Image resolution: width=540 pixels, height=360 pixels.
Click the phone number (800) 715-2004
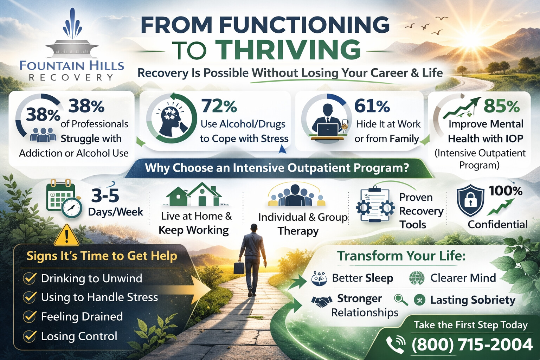click(472, 345)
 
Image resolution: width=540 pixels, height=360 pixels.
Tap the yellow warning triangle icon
click(66, 236)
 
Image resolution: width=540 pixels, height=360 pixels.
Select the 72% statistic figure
click(219, 106)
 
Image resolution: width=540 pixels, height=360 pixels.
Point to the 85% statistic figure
click(501, 106)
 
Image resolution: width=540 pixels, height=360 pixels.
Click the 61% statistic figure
click(372, 106)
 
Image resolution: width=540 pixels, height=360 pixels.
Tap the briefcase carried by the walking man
click(239, 268)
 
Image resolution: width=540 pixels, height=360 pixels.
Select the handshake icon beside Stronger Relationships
click(321, 301)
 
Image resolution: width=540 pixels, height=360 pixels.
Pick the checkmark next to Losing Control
click(30, 336)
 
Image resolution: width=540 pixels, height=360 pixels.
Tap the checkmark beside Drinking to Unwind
click(30, 278)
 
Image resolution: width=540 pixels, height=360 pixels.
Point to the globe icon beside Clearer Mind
click(417, 278)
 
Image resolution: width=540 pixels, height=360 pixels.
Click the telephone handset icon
click(396, 345)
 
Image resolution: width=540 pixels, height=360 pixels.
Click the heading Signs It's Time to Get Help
click(102, 256)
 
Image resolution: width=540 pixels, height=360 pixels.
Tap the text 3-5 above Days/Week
click(105, 196)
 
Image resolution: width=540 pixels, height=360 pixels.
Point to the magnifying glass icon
click(401, 300)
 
